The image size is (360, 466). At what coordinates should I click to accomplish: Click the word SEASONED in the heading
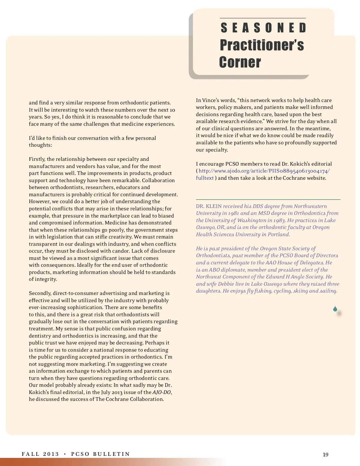(263, 28)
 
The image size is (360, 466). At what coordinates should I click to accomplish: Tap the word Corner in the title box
(240, 62)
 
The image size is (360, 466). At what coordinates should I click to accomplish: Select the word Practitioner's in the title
(262, 45)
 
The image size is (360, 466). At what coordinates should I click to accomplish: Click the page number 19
(325, 455)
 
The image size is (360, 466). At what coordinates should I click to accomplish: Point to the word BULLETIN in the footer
(111, 454)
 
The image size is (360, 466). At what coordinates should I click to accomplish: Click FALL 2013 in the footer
(40, 454)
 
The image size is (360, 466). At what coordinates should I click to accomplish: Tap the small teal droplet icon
(335, 309)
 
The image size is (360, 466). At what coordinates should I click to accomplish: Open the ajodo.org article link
(264, 171)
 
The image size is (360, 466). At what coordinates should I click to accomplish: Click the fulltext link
(205, 178)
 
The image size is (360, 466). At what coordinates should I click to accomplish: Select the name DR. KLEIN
(209, 206)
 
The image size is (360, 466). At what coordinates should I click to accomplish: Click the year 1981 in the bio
(233, 213)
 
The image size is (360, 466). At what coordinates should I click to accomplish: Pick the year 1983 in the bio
(279, 220)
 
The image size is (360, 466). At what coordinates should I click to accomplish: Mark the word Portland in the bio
(279, 234)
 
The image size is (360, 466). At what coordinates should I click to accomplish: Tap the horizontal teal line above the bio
(268, 199)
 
